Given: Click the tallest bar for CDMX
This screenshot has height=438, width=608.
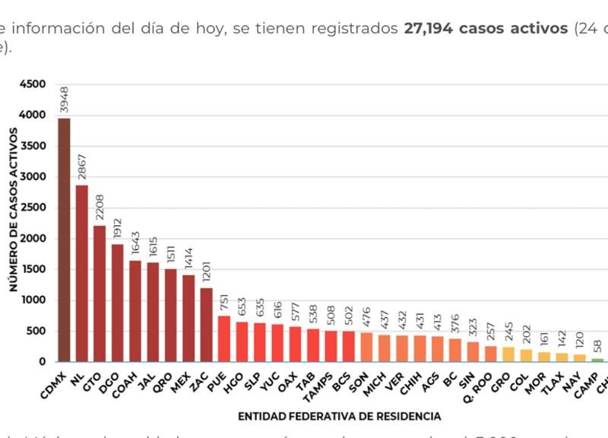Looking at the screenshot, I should coord(64,240).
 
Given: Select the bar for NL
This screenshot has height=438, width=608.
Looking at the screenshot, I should coord(82,273).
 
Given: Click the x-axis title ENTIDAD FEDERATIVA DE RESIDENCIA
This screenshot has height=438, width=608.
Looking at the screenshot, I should coord(339,416).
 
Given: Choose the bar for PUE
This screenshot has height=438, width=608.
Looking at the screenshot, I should coord(224,338).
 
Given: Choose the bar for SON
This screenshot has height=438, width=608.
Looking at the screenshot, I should coord(366,347).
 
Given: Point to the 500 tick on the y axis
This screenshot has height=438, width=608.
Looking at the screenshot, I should coord(39,332).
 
